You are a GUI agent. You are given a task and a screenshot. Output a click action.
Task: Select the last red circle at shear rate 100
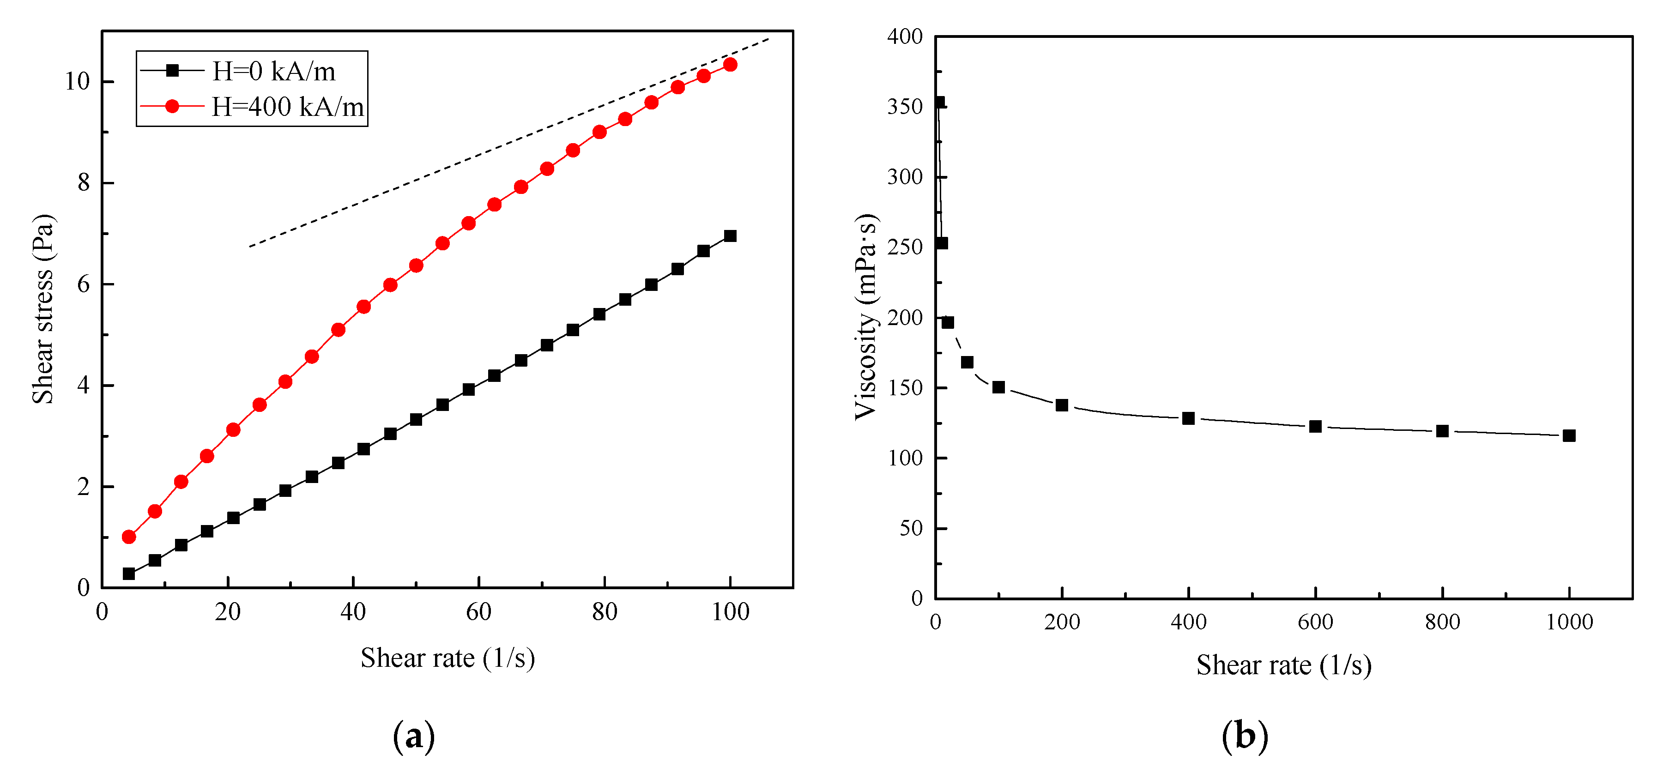coord(730,65)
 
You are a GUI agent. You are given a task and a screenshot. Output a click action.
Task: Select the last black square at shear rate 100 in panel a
coord(730,236)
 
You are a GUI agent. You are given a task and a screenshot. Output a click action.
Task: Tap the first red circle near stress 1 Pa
coord(128,537)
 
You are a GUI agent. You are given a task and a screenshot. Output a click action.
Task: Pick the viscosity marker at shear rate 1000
coord(1569,435)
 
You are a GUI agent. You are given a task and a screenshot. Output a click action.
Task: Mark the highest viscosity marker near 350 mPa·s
coord(939,102)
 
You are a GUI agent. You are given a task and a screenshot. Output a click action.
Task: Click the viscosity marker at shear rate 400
coord(1189,418)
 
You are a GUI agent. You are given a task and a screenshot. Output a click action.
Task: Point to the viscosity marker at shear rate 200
coord(1062,405)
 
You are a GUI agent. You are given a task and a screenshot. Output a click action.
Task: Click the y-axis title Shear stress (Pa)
coord(44,308)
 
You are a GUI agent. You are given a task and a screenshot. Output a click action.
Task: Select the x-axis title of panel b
coord(1283,665)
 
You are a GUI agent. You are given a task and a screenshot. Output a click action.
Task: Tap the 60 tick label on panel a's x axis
coord(478,612)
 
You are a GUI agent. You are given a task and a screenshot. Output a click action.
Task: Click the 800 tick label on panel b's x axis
coord(1443,622)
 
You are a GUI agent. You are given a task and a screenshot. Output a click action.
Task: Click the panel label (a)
coord(414,735)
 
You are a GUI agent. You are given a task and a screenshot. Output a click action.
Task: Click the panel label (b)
coord(1245,735)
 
